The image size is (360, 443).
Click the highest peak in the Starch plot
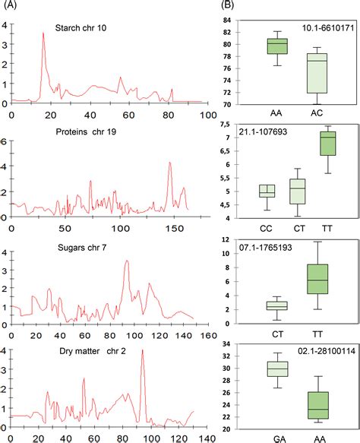(43, 33)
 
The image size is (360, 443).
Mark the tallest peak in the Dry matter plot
(142, 351)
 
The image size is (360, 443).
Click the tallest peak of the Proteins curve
(170, 163)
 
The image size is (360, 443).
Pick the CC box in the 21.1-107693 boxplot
(267, 190)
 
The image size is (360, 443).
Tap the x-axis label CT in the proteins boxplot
(298, 226)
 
